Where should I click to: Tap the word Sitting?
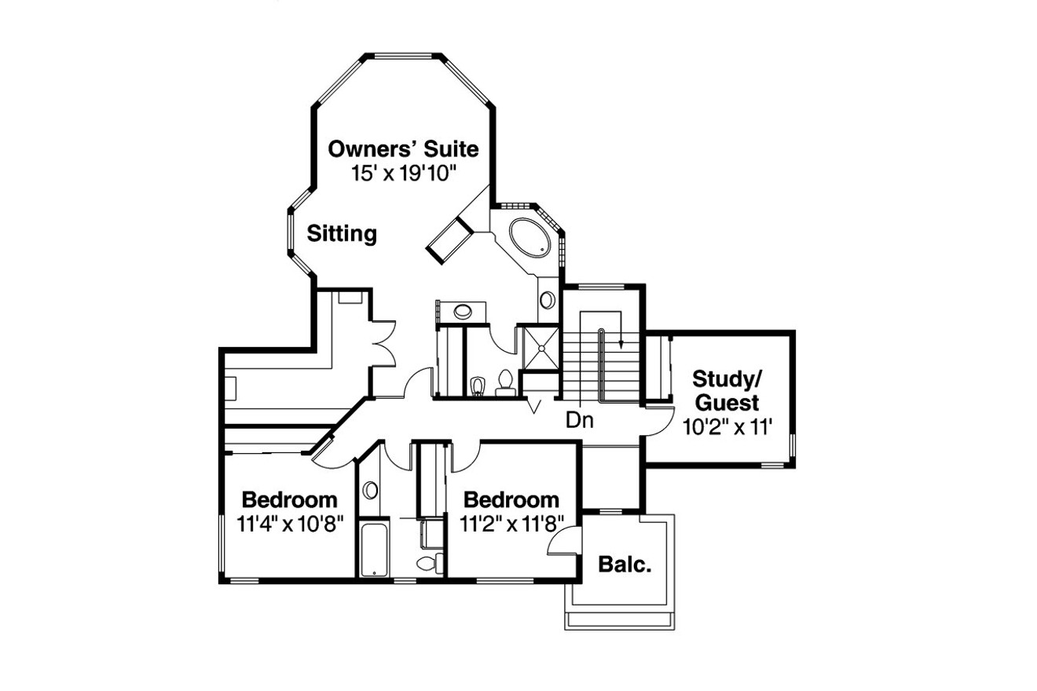342,233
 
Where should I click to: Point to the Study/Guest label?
725,391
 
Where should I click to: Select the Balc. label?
625,564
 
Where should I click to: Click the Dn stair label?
580,421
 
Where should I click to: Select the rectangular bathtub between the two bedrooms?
373,549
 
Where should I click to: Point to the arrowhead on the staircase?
621,342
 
